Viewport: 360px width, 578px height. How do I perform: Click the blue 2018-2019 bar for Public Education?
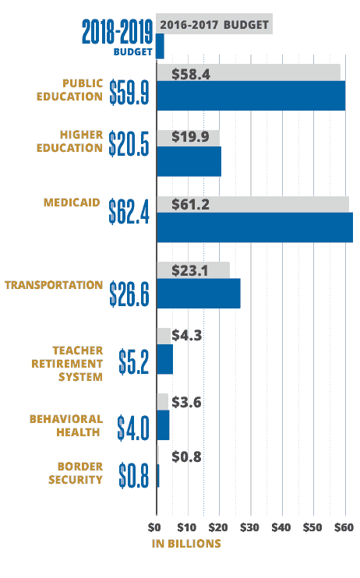pos(251,96)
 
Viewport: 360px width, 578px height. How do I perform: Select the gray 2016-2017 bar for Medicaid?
pos(253,204)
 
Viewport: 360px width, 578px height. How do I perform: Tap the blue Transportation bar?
pos(199,294)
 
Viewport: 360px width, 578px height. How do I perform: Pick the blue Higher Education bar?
pos(189,161)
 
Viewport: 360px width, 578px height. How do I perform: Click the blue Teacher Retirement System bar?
pos(165,359)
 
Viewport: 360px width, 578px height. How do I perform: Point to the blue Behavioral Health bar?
pos(163,425)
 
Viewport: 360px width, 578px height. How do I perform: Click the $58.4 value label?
pos(191,75)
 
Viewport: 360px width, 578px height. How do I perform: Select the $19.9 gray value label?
pos(190,137)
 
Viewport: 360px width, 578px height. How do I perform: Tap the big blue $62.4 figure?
pos(129,212)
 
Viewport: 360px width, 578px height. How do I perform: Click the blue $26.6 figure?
pos(129,294)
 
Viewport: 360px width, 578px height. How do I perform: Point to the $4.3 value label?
pos(187,336)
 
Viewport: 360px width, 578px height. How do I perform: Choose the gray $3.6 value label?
pos(187,402)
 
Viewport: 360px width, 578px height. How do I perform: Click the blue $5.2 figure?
pos(134,361)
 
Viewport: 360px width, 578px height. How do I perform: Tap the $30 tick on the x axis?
pos(249,527)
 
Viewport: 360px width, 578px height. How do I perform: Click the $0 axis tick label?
pos(154,527)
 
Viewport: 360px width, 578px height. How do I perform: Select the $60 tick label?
pos(344,527)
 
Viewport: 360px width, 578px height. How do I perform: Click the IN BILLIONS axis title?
pos(186,544)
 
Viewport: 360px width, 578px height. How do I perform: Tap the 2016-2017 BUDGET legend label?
pos(214,25)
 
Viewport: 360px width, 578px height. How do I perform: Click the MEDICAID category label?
pos(72,203)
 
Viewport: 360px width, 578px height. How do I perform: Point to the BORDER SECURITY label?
pos(76,473)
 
